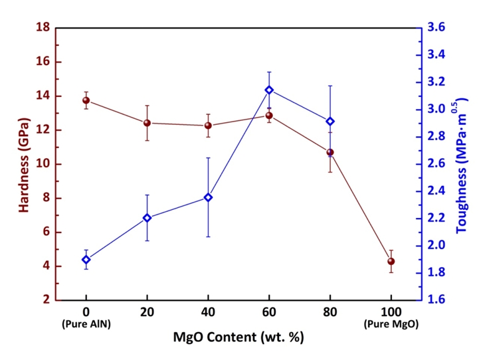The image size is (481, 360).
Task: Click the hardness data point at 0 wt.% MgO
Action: pos(86,100)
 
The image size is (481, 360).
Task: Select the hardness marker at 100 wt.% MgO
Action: pos(391,261)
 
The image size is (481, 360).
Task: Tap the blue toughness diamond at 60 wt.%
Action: pos(269,90)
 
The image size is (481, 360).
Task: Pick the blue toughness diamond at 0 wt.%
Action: pos(86,260)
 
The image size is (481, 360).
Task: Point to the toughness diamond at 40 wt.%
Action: pos(208,197)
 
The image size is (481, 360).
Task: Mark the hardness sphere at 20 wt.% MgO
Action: pos(147,123)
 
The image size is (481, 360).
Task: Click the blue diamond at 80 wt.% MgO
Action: pos(330,121)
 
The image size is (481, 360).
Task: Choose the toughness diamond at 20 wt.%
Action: pos(147,218)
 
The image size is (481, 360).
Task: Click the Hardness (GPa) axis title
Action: pos(24,164)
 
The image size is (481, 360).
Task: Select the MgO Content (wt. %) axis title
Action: pos(239,337)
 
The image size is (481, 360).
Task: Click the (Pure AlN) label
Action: pos(86,322)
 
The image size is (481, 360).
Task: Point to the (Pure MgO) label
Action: pos(391,322)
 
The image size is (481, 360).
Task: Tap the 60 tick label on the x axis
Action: pos(269,310)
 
